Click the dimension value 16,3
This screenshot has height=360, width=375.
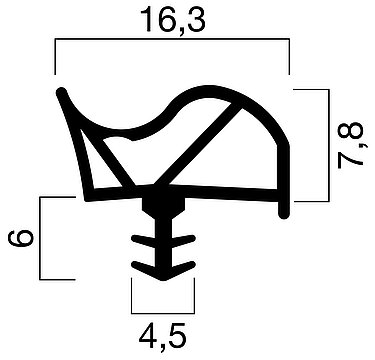pos(172,19)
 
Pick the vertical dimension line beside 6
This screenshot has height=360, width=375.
pos(41,238)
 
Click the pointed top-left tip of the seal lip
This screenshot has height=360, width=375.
pos(63,92)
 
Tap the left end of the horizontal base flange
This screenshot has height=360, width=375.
pos(88,195)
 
